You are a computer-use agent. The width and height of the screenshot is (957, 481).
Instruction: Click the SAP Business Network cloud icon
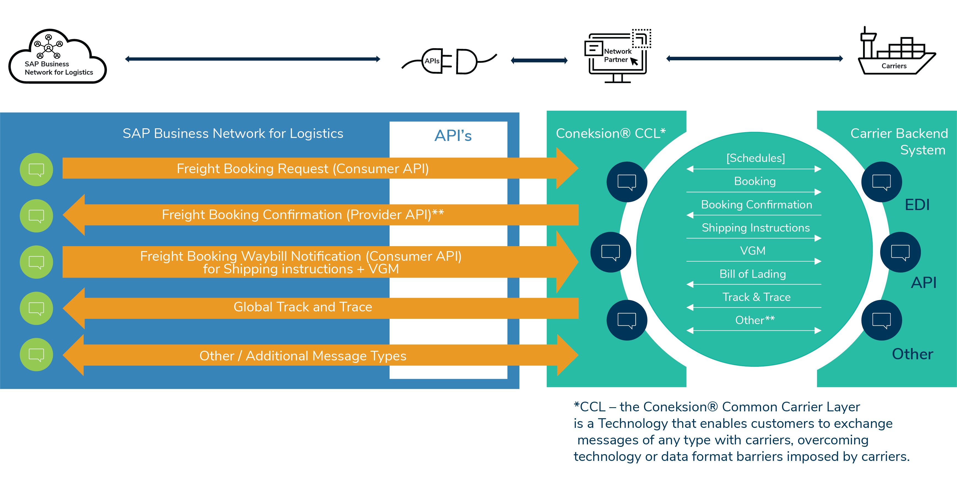[58, 56]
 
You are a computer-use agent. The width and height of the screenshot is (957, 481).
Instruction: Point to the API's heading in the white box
[452, 135]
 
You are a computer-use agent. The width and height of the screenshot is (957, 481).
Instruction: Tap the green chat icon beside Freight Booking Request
[36, 170]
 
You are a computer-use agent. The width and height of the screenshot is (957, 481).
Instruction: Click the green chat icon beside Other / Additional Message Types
[36, 354]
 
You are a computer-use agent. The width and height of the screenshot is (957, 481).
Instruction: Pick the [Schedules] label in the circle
[755, 158]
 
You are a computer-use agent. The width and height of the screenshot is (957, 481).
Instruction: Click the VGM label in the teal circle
[753, 251]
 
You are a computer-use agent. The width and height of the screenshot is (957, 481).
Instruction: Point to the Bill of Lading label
[753, 274]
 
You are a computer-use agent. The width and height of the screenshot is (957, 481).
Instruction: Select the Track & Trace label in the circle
[756, 297]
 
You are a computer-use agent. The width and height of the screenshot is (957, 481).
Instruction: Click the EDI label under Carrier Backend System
[917, 205]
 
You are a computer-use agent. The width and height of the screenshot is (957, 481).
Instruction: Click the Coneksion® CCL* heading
[610, 133]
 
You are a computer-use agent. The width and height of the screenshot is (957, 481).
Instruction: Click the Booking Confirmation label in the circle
[756, 205]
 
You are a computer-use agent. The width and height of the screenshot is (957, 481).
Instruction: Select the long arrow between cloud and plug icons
[253, 59]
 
